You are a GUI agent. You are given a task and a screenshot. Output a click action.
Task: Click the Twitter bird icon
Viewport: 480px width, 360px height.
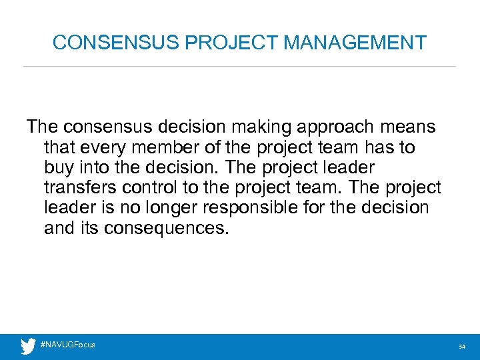tap(28, 346)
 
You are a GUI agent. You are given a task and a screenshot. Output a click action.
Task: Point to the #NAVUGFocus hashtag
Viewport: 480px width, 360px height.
tap(68, 345)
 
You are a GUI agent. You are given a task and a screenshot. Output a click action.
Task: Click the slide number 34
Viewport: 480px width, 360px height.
tap(461, 347)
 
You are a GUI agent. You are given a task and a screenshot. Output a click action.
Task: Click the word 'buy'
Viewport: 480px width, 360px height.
tap(58, 167)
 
